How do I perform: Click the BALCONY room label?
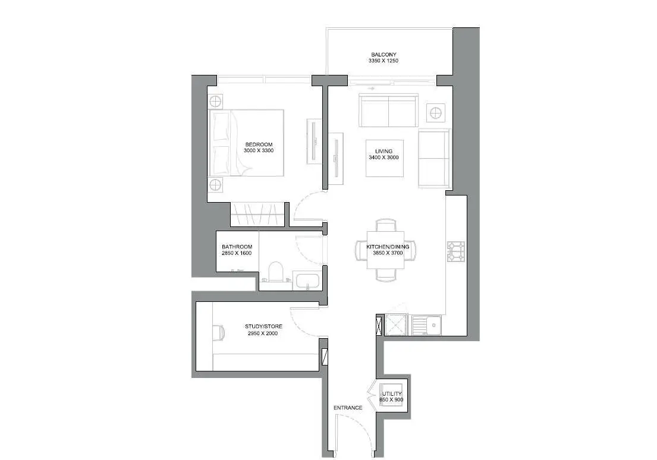pyautogui.click(x=383, y=55)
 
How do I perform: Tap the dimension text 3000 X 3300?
pyautogui.click(x=259, y=150)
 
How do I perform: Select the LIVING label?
pyautogui.click(x=384, y=151)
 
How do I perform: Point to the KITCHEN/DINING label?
pyautogui.click(x=388, y=247)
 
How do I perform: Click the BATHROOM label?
pyautogui.click(x=237, y=247)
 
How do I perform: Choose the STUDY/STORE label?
pyautogui.click(x=263, y=326)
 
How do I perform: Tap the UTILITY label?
pyautogui.click(x=392, y=394)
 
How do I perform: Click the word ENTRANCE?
pyautogui.click(x=348, y=408)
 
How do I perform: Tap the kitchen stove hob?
pyautogui.click(x=456, y=251)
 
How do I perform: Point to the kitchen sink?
pyautogui.click(x=426, y=325)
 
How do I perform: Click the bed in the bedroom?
pyautogui.click(x=246, y=143)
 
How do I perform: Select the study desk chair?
pyautogui.click(x=219, y=333)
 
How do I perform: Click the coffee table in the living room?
pyautogui.click(x=385, y=158)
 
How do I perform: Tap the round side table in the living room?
pyautogui.click(x=435, y=112)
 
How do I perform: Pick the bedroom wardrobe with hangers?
pyautogui.click(x=257, y=215)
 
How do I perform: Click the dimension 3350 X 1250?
pyautogui.click(x=383, y=61)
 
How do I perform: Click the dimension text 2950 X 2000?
pyautogui.click(x=263, y=333)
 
